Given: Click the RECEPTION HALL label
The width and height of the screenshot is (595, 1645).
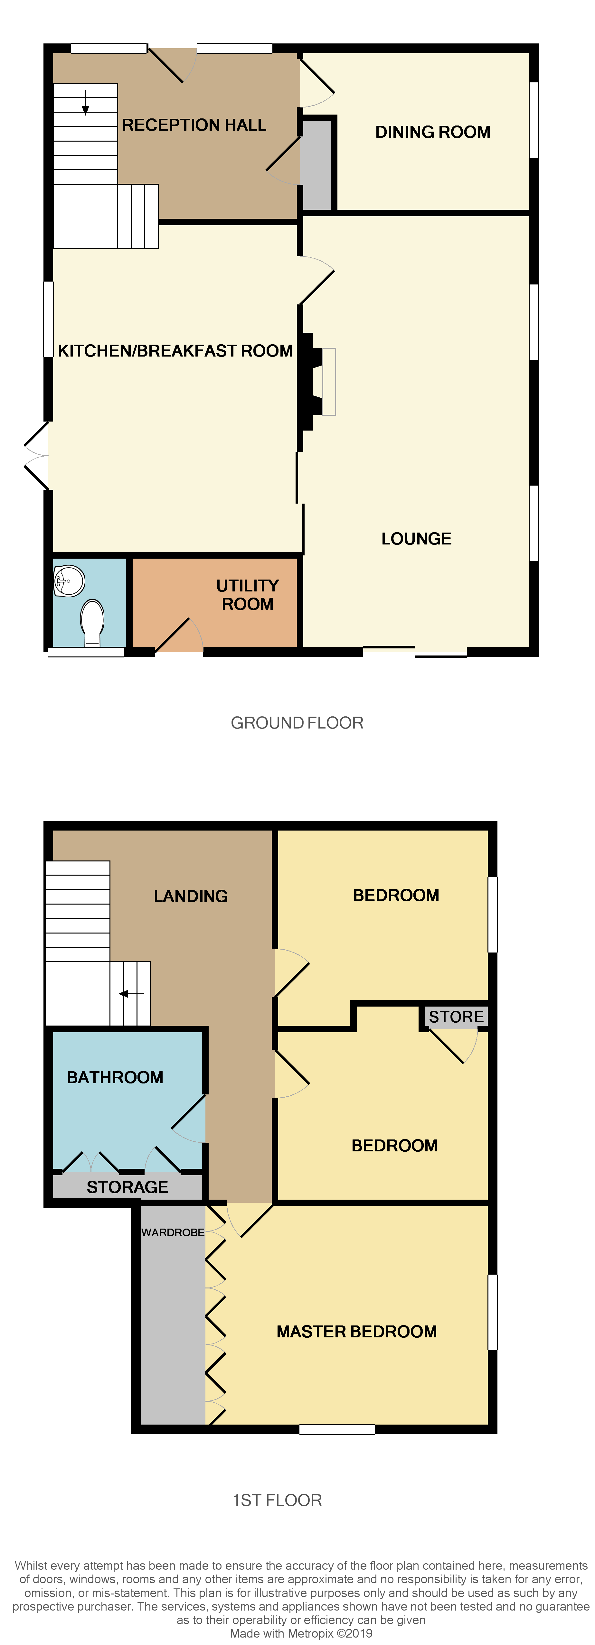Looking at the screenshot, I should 194,125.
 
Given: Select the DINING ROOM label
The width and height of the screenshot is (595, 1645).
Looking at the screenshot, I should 433,132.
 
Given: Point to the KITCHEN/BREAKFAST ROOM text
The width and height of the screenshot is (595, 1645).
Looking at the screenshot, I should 175,350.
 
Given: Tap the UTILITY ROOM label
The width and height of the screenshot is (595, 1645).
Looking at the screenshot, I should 247,595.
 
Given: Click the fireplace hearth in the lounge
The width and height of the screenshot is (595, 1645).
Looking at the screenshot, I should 328,381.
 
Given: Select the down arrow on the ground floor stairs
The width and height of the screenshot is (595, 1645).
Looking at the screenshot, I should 85,102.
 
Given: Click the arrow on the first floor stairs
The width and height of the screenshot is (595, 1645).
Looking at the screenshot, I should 131,994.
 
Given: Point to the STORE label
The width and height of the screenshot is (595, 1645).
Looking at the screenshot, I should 456,1017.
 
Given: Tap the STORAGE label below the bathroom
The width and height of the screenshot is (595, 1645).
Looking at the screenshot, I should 127,1187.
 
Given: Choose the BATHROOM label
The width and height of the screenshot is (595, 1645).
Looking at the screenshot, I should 115,1077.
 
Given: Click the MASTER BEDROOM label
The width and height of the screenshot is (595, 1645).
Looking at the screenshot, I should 357,1332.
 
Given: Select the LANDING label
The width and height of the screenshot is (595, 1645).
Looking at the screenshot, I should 191,896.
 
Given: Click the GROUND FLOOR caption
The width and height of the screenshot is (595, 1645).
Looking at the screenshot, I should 297,723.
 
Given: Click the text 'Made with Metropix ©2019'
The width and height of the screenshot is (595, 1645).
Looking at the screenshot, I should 301,1633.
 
